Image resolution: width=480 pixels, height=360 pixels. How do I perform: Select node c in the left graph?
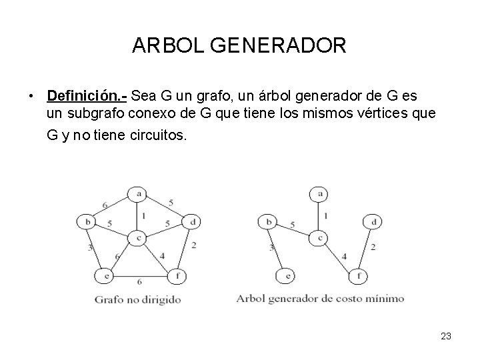(137, 237)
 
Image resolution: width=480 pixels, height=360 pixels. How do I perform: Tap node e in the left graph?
(104, 275)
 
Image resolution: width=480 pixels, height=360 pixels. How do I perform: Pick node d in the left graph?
(193, 221)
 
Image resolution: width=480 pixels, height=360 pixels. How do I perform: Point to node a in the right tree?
(319, 194)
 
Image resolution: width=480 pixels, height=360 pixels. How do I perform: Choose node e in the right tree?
(286, 275)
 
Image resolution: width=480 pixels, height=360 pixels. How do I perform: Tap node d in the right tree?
(373, 221)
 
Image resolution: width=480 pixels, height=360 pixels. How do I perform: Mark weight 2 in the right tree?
(373, 247)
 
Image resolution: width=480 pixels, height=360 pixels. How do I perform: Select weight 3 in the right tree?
(272, 247)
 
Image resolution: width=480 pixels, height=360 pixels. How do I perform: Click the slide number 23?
(446, 337)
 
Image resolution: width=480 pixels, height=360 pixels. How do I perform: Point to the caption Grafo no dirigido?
(137, 299)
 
